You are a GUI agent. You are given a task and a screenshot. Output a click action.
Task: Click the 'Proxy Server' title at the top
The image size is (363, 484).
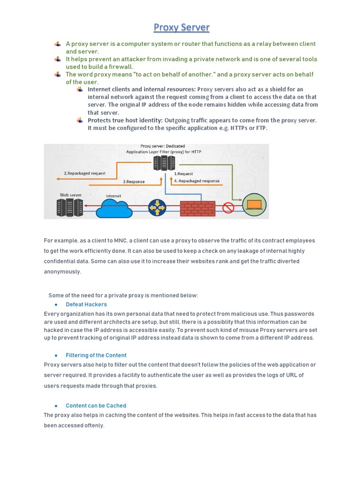[181, 27]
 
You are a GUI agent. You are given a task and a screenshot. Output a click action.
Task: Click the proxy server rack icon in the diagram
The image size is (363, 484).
[164, 163]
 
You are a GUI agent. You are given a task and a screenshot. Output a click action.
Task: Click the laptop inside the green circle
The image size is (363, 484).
[254, 204]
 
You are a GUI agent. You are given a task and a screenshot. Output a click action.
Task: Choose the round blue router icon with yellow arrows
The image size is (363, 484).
[157, 207]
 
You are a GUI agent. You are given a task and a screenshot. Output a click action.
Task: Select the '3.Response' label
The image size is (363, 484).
[134, 181]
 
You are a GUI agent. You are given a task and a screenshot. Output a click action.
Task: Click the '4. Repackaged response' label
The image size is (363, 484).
[197, 181]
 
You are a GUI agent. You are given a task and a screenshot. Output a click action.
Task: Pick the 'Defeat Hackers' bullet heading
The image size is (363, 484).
[86, 304]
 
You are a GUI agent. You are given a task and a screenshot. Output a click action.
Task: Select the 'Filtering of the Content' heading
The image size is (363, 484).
[96, 355]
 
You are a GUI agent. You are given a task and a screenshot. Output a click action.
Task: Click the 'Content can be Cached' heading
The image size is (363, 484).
[96, 406]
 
